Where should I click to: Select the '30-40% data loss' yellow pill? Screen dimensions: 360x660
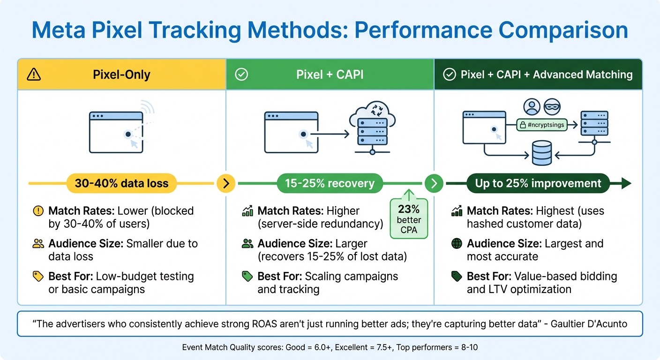click(121, 183)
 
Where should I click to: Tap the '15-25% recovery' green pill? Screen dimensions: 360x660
click(330, 183)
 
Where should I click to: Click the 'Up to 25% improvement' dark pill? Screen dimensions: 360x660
click(538, 183)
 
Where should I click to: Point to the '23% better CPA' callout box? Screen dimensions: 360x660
click(409, 218)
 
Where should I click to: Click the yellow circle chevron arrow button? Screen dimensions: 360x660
click(226, 183)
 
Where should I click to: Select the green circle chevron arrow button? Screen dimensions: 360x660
click(434, 183)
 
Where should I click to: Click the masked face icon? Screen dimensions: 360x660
click(552, 107)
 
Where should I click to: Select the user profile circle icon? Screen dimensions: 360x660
click(532, 107)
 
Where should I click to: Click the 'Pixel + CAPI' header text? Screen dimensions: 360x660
click(330, 74)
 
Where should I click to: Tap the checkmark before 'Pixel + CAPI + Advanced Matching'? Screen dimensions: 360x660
click(450, 74)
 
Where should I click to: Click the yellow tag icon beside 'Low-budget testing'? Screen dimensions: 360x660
click(38, 277)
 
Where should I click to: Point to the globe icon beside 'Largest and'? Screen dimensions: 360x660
click(456, 244)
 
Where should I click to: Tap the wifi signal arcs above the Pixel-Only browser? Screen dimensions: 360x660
click(148, 109)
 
